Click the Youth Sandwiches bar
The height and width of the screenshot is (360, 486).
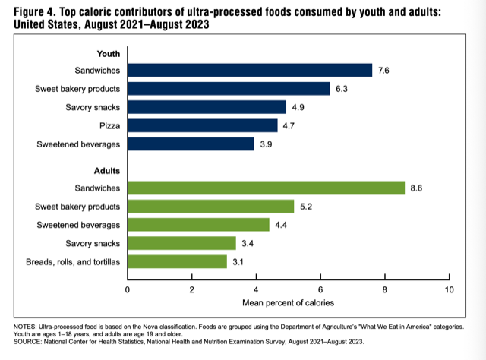point(250,71)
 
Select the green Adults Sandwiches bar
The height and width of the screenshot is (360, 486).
point(266,188)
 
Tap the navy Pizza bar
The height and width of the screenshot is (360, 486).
point(203,125)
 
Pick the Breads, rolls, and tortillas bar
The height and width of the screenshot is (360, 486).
point(178,261)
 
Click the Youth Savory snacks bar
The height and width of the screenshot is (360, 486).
point(207,107)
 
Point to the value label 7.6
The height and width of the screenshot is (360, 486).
point(385,71)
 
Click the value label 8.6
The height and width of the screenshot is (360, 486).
point(418,188)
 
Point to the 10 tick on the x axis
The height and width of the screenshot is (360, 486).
point(450,289)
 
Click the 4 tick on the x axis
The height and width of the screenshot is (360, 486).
point(257,289)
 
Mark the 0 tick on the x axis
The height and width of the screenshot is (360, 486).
point(128,289)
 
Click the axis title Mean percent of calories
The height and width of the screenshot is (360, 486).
point(289,302)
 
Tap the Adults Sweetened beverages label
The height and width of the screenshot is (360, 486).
point(79,225)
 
